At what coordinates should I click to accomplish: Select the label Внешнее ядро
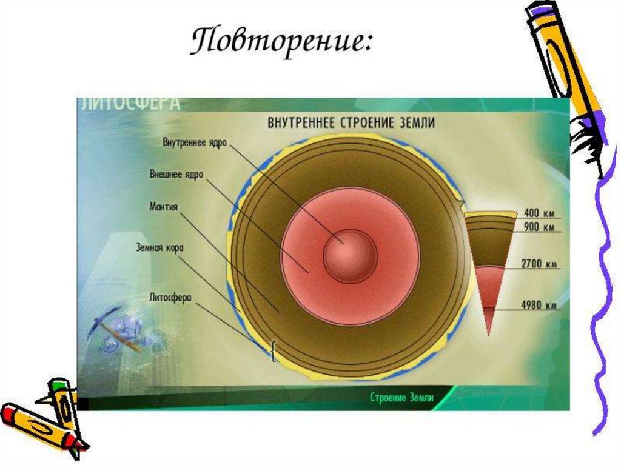(x=176, y=174)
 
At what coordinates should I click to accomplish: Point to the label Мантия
(x=163, y=206)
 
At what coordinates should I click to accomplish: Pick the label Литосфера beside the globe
(x=170, y=298)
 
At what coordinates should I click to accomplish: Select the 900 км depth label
(x=539, y=227)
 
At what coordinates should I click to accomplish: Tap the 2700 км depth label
(x=539, y=264)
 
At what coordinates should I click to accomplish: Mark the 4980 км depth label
(x=539, y=306)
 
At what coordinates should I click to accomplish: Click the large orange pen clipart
(x=567, y=73)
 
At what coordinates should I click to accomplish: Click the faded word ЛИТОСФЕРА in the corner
(x=130, y=103)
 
